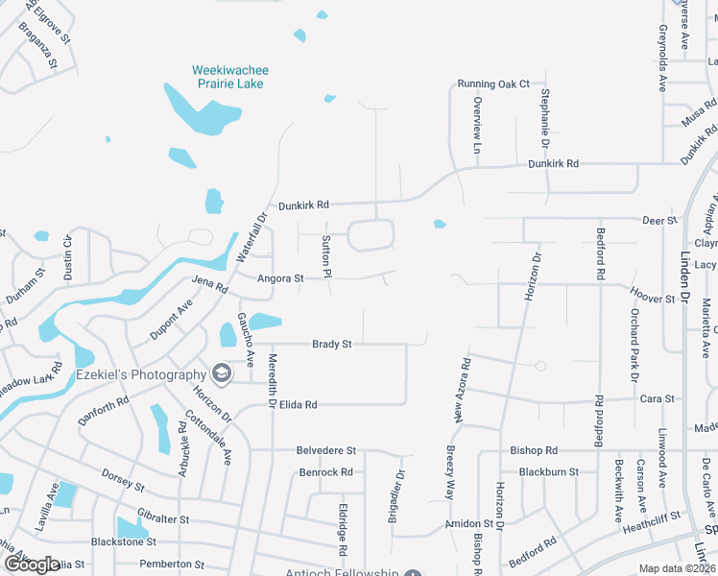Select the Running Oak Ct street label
[493, 84]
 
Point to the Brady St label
[332, 344]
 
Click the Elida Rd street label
[298, 405]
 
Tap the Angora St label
[280, 278]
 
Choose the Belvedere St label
[326, 449]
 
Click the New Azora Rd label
[463, 391]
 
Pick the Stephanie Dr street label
[544, 116]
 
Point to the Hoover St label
[653, 300]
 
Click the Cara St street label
[657, 398]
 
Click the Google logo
[32, 564]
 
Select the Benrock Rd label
[326, 472]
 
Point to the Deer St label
[659, 221]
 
